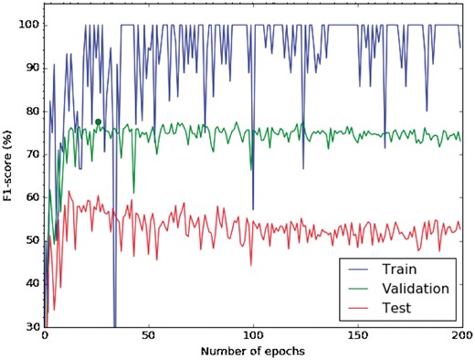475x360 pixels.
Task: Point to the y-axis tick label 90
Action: pyautogui.click(x=29, y=68)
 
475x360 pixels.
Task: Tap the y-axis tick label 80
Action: pyautogui.click(x=29, y=111)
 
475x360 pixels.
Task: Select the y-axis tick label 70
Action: pyautogui.click(x=29, y=154)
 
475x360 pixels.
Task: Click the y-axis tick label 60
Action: pyautogui.click(x=29, y=196)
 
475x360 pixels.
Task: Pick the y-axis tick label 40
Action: pyautogui.click(x=29, y=282)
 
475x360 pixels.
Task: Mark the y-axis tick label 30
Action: pyautogui.click(x=29, y=325)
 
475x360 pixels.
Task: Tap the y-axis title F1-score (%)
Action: pyautogui.click(x=9, y=175)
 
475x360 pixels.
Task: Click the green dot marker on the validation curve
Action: pyautogui.click(x=98, y=122)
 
